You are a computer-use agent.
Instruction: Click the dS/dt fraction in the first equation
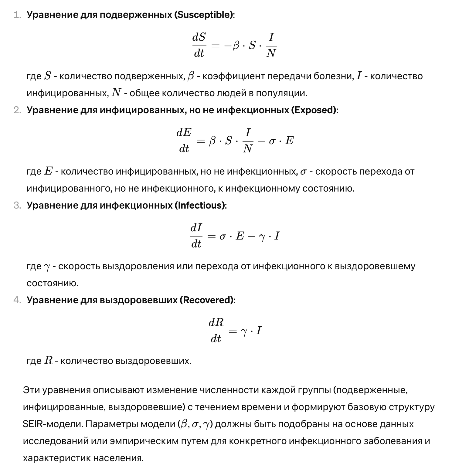pos(199,45)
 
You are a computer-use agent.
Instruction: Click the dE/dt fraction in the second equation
pos(184,140)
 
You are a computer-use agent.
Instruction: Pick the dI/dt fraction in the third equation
pos(196,236)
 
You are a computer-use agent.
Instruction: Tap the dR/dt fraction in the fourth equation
pos(216,331)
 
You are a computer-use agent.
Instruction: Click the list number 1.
pos(17,15)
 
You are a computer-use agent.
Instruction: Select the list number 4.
pos(17,300)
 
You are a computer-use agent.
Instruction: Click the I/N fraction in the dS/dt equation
pos(271,45)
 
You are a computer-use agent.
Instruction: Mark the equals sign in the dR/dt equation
pos(232,331)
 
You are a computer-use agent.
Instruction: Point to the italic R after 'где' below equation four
pos(48,360)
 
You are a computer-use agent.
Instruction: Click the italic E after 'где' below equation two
pos(48,171)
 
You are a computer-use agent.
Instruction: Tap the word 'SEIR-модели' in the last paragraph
pos(53,424)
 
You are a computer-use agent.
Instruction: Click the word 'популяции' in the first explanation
pos(281,93)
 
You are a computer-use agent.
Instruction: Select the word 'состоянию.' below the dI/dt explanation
pos(53,283)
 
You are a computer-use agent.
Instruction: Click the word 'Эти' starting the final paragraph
pos(31,390)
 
